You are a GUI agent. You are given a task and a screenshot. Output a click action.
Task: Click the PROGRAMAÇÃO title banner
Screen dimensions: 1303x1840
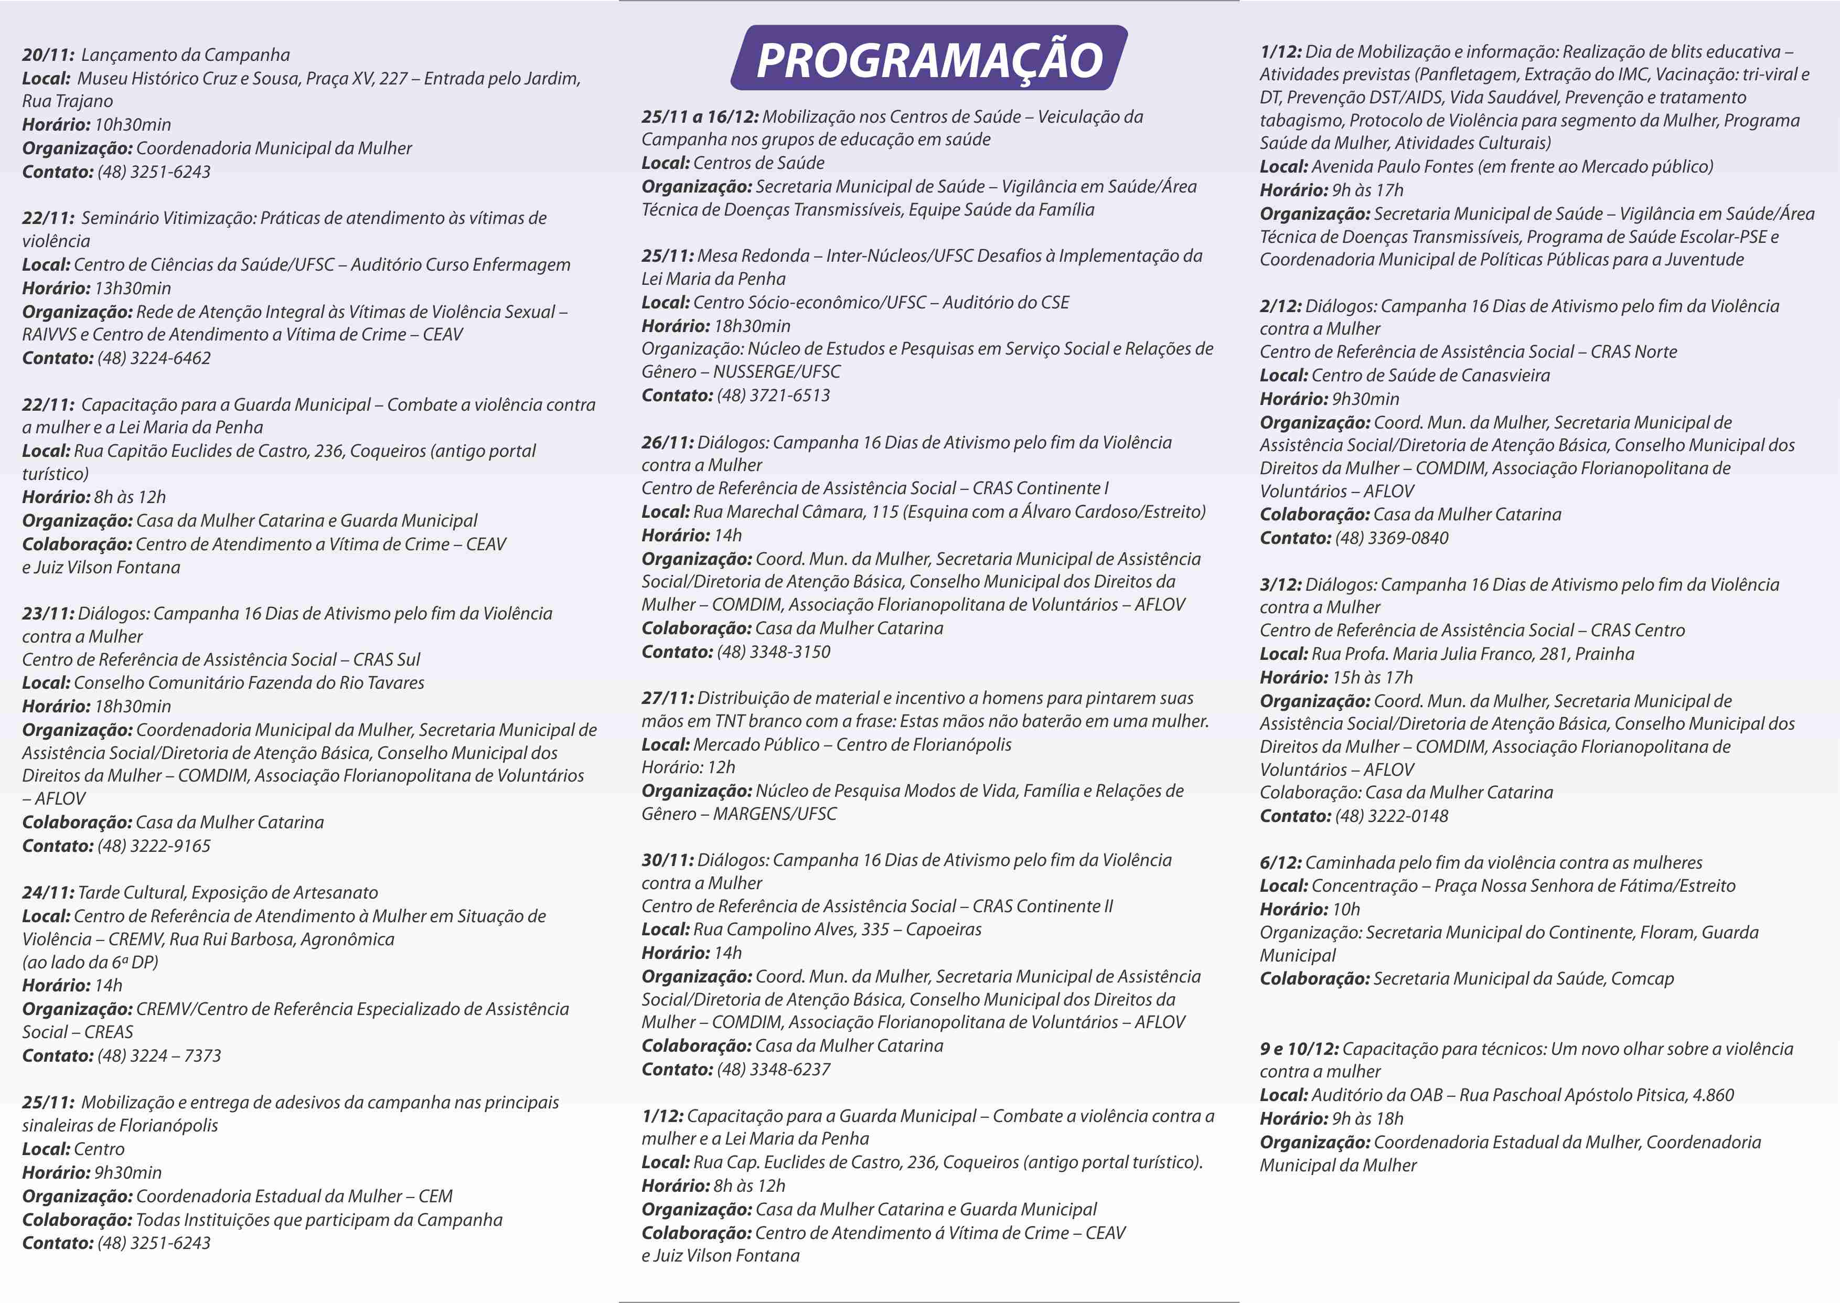(929, 59)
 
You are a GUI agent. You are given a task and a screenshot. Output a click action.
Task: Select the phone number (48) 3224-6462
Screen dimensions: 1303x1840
(154, 358)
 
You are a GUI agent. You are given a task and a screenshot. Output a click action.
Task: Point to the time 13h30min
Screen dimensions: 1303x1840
(132, 288)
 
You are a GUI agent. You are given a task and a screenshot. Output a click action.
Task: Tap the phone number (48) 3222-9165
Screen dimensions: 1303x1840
(154, 846)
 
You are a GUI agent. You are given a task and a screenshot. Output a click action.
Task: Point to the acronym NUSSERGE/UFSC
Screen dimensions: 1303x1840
(776, 371)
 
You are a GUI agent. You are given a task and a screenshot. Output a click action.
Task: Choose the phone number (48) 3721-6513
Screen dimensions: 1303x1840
(773, 395)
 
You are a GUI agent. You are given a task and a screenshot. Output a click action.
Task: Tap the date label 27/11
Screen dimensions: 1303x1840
(667, 698)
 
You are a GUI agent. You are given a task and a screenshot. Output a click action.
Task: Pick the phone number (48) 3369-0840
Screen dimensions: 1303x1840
(1392, 538)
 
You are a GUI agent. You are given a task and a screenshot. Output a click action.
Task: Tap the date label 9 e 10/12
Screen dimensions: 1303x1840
(1299, 1049)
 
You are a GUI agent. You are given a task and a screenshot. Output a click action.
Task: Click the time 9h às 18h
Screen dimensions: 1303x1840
(1367, 1118)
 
